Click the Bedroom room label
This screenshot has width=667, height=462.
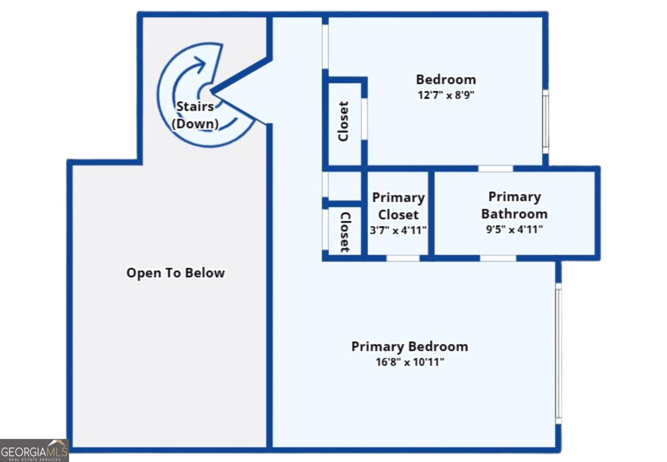[x=446, y=80]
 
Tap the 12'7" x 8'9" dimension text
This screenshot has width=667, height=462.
[x=446, y=95]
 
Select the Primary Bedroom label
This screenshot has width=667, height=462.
[x=410, y=347]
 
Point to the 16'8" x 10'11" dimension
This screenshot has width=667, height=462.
[x=410, y=362]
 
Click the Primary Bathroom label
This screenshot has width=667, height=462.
[x=514, y=205]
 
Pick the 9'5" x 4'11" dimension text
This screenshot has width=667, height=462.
[x=514, y=230]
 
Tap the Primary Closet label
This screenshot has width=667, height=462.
[x=399, y=206]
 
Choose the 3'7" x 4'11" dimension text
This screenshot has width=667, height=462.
[x=398, y=230]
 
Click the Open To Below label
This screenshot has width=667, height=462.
[x=176, y=273]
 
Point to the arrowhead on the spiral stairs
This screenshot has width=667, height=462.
[x=200, y=63]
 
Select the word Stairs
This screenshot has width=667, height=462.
[x=195, y=107]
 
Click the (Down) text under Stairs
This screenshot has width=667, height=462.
[x=195, y=123]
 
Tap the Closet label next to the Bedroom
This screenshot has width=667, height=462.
[x=344, y=121]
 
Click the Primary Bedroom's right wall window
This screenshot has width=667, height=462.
[x=559, y=354]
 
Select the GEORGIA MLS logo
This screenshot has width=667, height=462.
[x=34, y=450]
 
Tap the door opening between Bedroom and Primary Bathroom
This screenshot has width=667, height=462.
[x=496, y=168]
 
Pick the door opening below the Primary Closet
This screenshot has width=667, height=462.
[x=403, y=258]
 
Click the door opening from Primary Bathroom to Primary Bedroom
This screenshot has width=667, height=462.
[x=498, y=258]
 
